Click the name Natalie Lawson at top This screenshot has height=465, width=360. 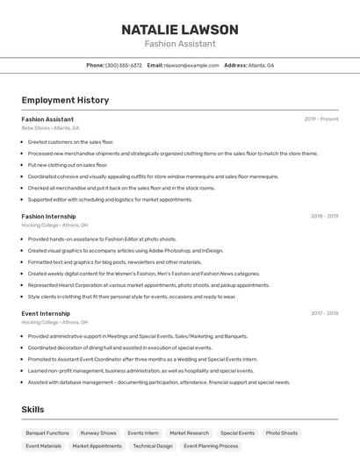[179, 30]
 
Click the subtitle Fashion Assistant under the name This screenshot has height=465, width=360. [179, 44]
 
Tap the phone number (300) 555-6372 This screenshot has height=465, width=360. [124, 65]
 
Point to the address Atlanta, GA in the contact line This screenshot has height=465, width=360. [261, 65]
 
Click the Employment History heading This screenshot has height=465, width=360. [65, 100]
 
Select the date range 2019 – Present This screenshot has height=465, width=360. [320, 118]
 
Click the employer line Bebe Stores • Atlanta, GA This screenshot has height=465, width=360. [50, 128]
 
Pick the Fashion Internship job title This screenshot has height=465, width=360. [48, 216]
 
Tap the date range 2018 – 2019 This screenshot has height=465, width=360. [324, 216]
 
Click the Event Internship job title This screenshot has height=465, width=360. [46, 313]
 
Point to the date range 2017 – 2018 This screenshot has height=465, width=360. [324, 313]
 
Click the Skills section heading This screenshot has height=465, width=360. [32, 410]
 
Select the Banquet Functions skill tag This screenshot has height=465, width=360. [47, 433]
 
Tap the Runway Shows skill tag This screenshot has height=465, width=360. [98, 433]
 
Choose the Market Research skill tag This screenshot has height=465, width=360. [190, 433]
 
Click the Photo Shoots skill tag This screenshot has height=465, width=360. [282, 433]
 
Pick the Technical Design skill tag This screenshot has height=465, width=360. [153, 446]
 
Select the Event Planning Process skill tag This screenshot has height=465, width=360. [211, 446]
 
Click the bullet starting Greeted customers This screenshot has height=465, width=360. [70, 141]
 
